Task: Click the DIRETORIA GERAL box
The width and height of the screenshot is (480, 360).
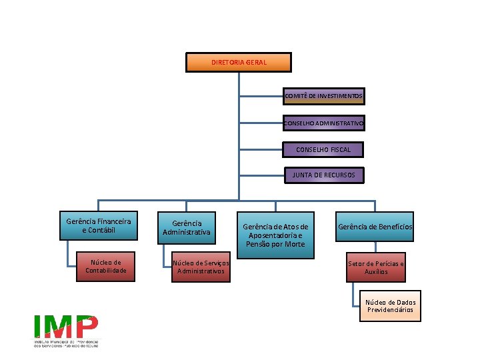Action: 239,63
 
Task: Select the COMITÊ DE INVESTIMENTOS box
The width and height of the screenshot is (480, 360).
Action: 324,96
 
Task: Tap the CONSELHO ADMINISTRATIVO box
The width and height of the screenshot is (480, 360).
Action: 324,123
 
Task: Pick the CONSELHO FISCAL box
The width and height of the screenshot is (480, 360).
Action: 324,149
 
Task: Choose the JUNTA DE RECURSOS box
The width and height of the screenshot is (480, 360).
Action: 324,175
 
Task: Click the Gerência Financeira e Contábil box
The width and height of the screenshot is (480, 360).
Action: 99,226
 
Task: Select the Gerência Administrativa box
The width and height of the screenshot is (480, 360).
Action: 186,227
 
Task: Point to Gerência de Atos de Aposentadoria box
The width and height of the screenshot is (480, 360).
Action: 275,235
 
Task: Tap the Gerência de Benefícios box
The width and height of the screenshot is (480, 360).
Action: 375,227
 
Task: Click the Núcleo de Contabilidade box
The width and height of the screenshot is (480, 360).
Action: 105,266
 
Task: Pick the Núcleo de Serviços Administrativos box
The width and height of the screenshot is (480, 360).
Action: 201,267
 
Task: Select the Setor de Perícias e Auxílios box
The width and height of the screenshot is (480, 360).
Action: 375,268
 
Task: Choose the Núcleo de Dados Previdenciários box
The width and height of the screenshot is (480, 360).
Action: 390,306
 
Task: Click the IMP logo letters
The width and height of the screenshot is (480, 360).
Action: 66,326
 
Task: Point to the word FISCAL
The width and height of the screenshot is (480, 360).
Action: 337,149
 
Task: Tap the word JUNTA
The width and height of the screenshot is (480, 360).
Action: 304,175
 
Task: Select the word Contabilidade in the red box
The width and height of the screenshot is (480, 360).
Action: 105,270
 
